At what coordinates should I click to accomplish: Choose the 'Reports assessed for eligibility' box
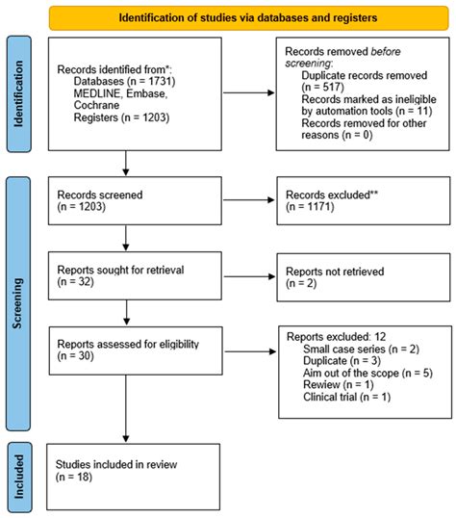pyautogui.click(x=124, y=348)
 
